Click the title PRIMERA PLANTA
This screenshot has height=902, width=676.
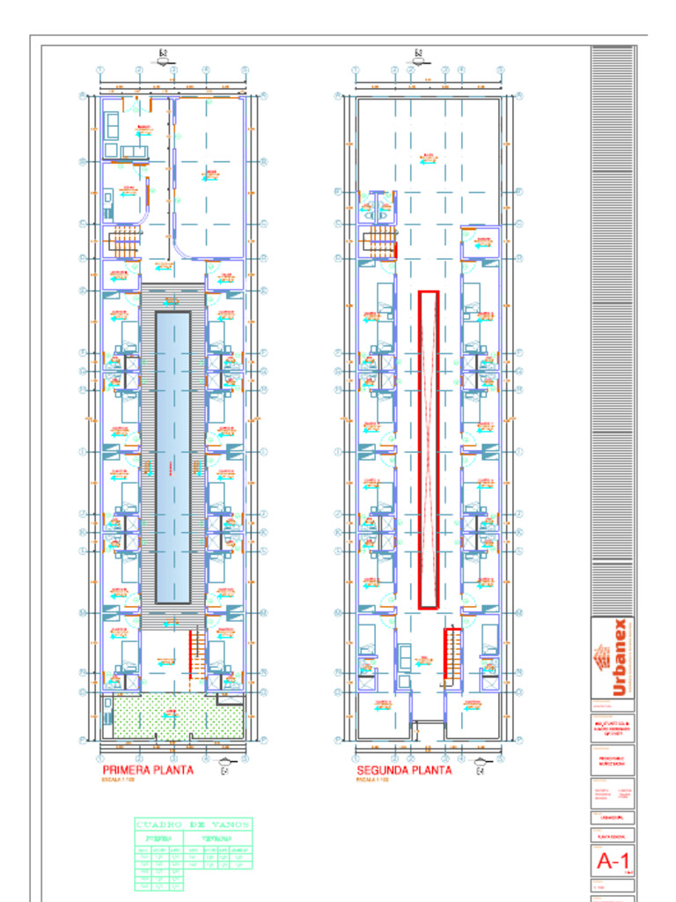click(148, 770)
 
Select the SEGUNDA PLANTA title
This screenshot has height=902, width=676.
click(404, 770)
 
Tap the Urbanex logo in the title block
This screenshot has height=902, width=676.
click(613, 658)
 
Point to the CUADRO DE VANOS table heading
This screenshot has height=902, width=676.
click(193, 824)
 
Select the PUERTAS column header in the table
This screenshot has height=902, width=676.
click(158, 839)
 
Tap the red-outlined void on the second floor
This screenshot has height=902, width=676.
click(429, 449)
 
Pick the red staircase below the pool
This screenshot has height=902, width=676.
click(196, 654)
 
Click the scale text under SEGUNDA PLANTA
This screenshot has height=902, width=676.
click(373, 780)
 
